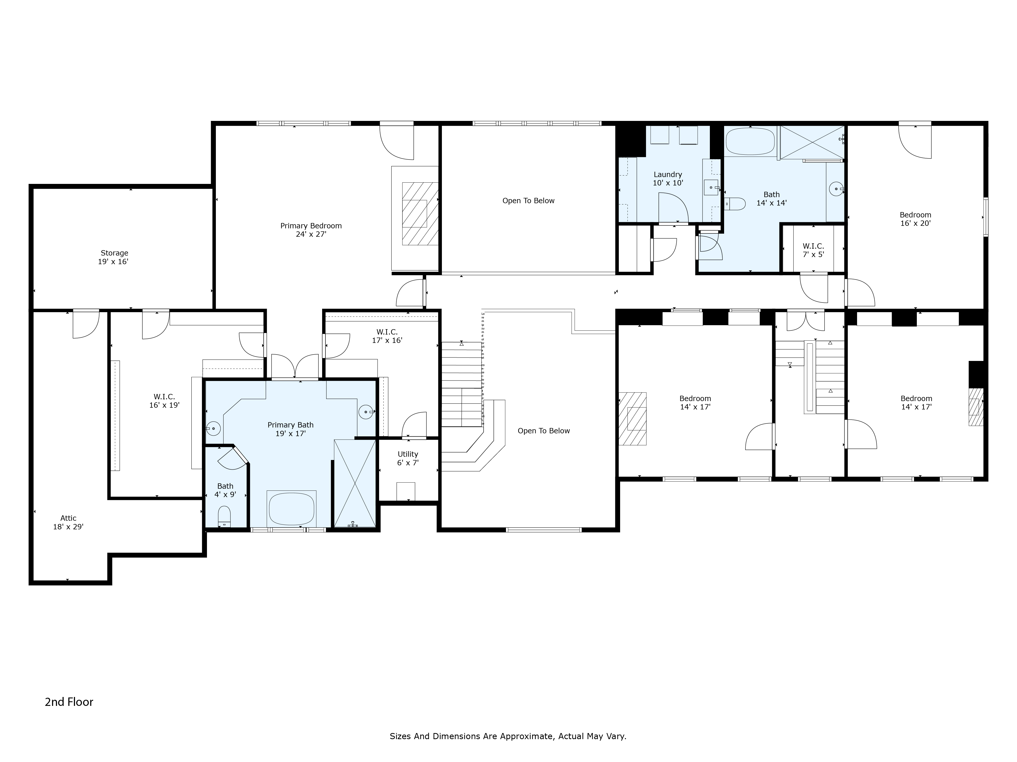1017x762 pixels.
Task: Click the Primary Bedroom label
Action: point(311,230)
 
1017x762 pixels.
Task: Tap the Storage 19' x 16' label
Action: point(114,257)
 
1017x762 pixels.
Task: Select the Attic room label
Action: point(68,522)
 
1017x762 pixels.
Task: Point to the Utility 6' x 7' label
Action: point(408,458)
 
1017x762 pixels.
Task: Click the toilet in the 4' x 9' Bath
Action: point(224,516)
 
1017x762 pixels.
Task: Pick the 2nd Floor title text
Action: point(69,702)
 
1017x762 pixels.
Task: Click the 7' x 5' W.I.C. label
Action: point(813,250)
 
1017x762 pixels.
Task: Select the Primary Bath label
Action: point(291,429)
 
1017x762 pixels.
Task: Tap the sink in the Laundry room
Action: point(711,188)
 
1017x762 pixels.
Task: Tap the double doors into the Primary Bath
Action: point(295,367)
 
